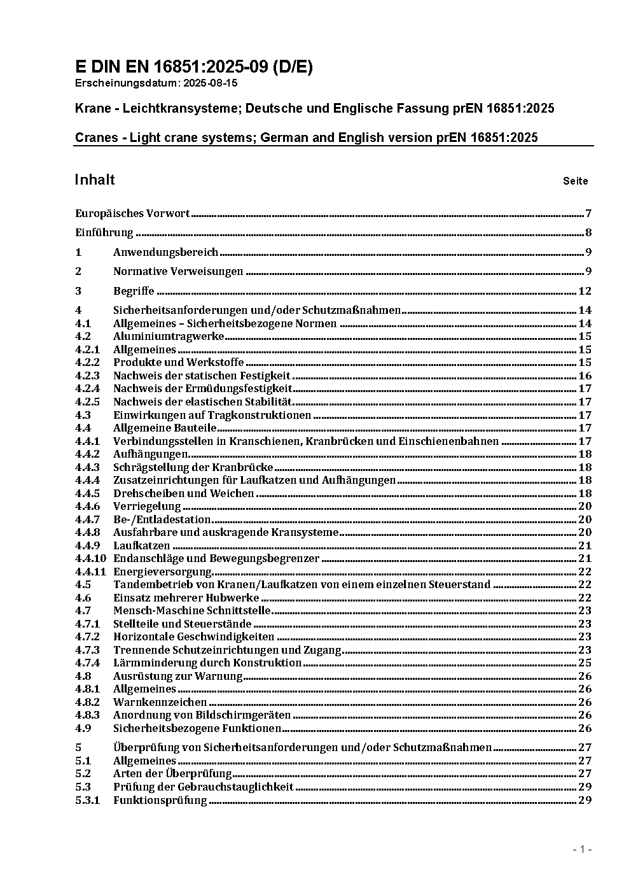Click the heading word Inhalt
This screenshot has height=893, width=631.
coord(95,179)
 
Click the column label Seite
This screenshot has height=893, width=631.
coord(575,181)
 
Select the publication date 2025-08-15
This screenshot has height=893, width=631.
coord(211,83)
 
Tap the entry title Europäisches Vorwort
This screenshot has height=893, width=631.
coord(132,213)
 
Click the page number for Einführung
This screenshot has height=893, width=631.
coord(588,232)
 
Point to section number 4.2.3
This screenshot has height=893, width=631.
coord(87,376)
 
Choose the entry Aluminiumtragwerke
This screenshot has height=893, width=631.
coord(169,336)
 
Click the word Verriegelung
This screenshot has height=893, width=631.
coord(147,506)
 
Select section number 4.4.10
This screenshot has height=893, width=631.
coord(90,558)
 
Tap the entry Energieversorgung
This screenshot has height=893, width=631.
coord(162,572)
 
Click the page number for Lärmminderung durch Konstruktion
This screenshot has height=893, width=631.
coord(585,663)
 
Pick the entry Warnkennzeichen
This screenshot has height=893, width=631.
coord(160,702)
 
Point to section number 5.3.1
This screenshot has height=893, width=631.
coord(87,800)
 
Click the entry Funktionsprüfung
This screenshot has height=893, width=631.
coord(160,800)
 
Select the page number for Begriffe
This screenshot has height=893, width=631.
coord(585,291)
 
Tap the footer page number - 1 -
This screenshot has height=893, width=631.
coord(582,850)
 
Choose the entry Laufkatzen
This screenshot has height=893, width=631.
coord(142,545)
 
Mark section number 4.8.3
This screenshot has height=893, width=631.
coord(87,715)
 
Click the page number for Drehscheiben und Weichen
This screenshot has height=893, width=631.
coord(585,493)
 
